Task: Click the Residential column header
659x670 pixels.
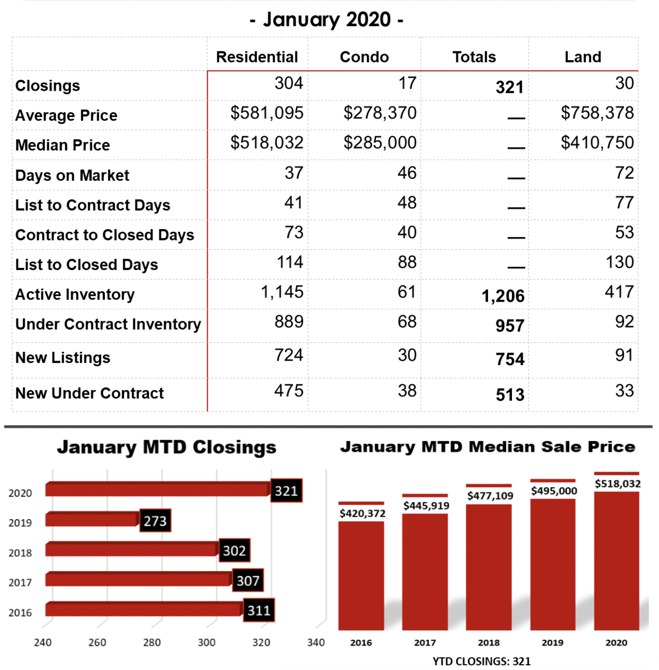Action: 257,57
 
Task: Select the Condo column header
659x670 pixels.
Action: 364,57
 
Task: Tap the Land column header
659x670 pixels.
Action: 583,57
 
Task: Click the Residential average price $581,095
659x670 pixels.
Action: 267,113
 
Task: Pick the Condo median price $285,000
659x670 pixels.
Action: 380,143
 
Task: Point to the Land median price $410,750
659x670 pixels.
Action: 597,143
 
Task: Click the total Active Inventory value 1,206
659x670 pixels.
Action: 503,296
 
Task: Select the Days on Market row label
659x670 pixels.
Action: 72,175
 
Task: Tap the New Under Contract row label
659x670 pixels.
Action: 90,393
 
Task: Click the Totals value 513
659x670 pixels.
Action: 510,395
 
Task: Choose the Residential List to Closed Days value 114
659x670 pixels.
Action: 290,262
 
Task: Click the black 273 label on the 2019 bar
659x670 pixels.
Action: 155,520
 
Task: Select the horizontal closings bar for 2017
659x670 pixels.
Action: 138,579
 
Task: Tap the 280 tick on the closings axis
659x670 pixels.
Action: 152,642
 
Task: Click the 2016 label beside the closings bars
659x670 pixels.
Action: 20,613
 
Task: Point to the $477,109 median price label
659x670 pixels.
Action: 490,496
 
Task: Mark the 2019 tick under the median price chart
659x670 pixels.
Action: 552,643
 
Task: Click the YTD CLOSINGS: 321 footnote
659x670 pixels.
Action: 481,661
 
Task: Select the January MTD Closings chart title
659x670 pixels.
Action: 167,447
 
